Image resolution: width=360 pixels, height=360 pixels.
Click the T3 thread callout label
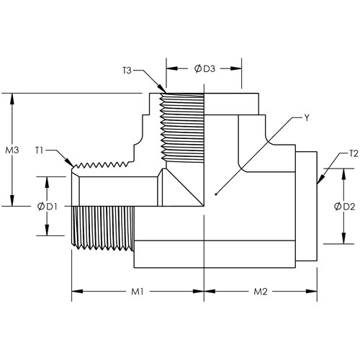point(127,71)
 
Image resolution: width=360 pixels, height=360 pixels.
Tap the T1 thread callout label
point(39,150)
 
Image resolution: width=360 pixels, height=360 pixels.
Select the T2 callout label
point(354,153)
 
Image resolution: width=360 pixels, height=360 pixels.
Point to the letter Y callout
point(307,118)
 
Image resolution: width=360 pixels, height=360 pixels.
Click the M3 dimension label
point(12,150)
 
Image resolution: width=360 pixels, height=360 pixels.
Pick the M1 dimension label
point(138,292)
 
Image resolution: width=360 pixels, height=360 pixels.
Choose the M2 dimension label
point(261,292)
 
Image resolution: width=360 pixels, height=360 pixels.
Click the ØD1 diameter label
point(48,207)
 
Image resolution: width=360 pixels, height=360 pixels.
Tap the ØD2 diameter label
point(344,207)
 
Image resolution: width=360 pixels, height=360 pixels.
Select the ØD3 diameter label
point(204,69)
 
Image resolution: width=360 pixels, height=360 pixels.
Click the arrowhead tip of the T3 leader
point(166,93)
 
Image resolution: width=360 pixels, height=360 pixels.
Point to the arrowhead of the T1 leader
point(73,166)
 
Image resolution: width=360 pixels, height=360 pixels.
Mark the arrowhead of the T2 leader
point(318,184)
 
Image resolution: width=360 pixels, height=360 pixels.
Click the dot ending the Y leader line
point(215,194)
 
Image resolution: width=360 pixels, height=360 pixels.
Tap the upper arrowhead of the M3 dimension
point(12,94)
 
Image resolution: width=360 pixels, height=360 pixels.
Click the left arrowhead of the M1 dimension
point(72,292)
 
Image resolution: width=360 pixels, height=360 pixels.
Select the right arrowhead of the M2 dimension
point(317,292)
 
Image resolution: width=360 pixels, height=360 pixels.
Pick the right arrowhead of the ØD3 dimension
point(241,68)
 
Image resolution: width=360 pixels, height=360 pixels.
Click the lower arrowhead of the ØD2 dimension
point(344,243)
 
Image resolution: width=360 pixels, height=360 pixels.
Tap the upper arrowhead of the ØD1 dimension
point(47,177)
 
